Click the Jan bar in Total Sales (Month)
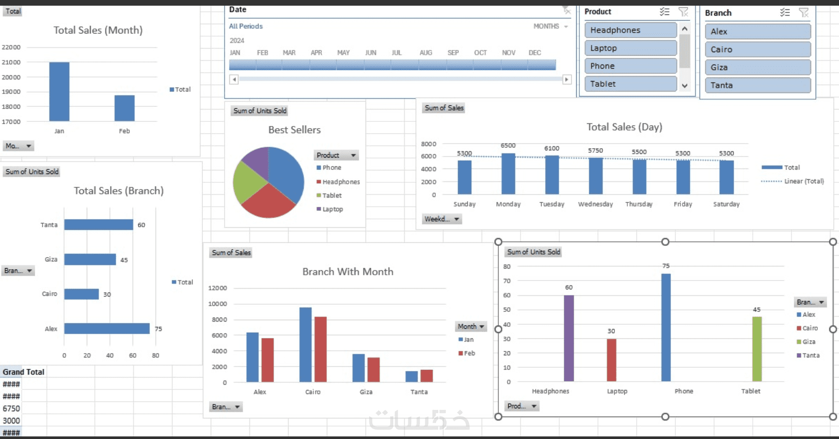(x=59, y=91)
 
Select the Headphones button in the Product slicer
(x=630, y=30)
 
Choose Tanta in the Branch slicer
(x=757, y=85)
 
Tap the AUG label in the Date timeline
(x=426, y=53)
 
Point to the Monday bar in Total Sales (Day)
(x=508, y=174)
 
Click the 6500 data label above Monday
(x=508, y=146)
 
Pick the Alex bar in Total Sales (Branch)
(x=106, y=328)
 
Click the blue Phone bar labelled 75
(x=666, y=327)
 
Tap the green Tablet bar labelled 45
(x=757, y=349)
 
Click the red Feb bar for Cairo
(x=321, y=349)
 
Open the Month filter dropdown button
(x=471, y=326)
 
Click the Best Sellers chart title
(x=294, y=130)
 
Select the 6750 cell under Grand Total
(x=11, y=409)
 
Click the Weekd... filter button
(x=442, y=219)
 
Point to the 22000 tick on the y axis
(x=11, y=47)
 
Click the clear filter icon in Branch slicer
(x=803, y=12)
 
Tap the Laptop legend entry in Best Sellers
(x=332, y=209)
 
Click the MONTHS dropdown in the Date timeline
(x=550, y=26)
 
